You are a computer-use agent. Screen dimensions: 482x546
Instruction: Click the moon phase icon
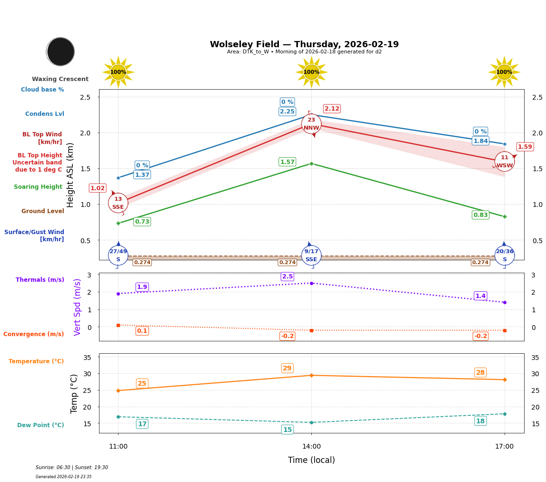(x=60, y=51)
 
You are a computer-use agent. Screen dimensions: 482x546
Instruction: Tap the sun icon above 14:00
(x=311, y=72)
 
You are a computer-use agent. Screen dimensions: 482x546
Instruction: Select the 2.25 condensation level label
(x=287, y=112)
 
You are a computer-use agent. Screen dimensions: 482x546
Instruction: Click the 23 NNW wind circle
(x=311, y=124)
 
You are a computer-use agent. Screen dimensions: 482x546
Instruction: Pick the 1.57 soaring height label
(x=287, y=162)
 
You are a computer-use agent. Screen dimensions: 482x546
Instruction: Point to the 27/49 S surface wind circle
(x=118, y=255)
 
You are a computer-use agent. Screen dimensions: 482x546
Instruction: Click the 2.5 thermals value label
(x=288, y=277)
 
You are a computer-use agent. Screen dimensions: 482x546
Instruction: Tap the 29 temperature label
(x=287, y=368)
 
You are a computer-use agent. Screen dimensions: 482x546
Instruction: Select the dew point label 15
(x=288, y=430)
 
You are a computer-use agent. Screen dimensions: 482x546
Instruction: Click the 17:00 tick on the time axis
(x=504, y=446)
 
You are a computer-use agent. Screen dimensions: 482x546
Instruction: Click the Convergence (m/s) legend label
(x=34, y=334)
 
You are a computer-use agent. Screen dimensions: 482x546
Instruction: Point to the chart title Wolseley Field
(x=304, y=44)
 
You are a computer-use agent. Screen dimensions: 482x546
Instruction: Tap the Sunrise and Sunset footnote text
(x=72, y=468)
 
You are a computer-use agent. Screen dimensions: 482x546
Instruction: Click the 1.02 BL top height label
(x=98, y=188)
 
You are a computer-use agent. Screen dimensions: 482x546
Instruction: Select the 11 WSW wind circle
(x=505, y=162)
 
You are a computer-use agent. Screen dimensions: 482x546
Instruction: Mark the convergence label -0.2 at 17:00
(x=480, y=336)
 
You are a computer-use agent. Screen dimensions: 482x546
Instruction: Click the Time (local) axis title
(x=311, y=460)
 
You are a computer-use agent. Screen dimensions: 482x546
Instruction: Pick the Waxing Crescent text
(x=60, y=79)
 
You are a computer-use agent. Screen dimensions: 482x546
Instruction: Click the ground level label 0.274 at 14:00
(x=288, y=262)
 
